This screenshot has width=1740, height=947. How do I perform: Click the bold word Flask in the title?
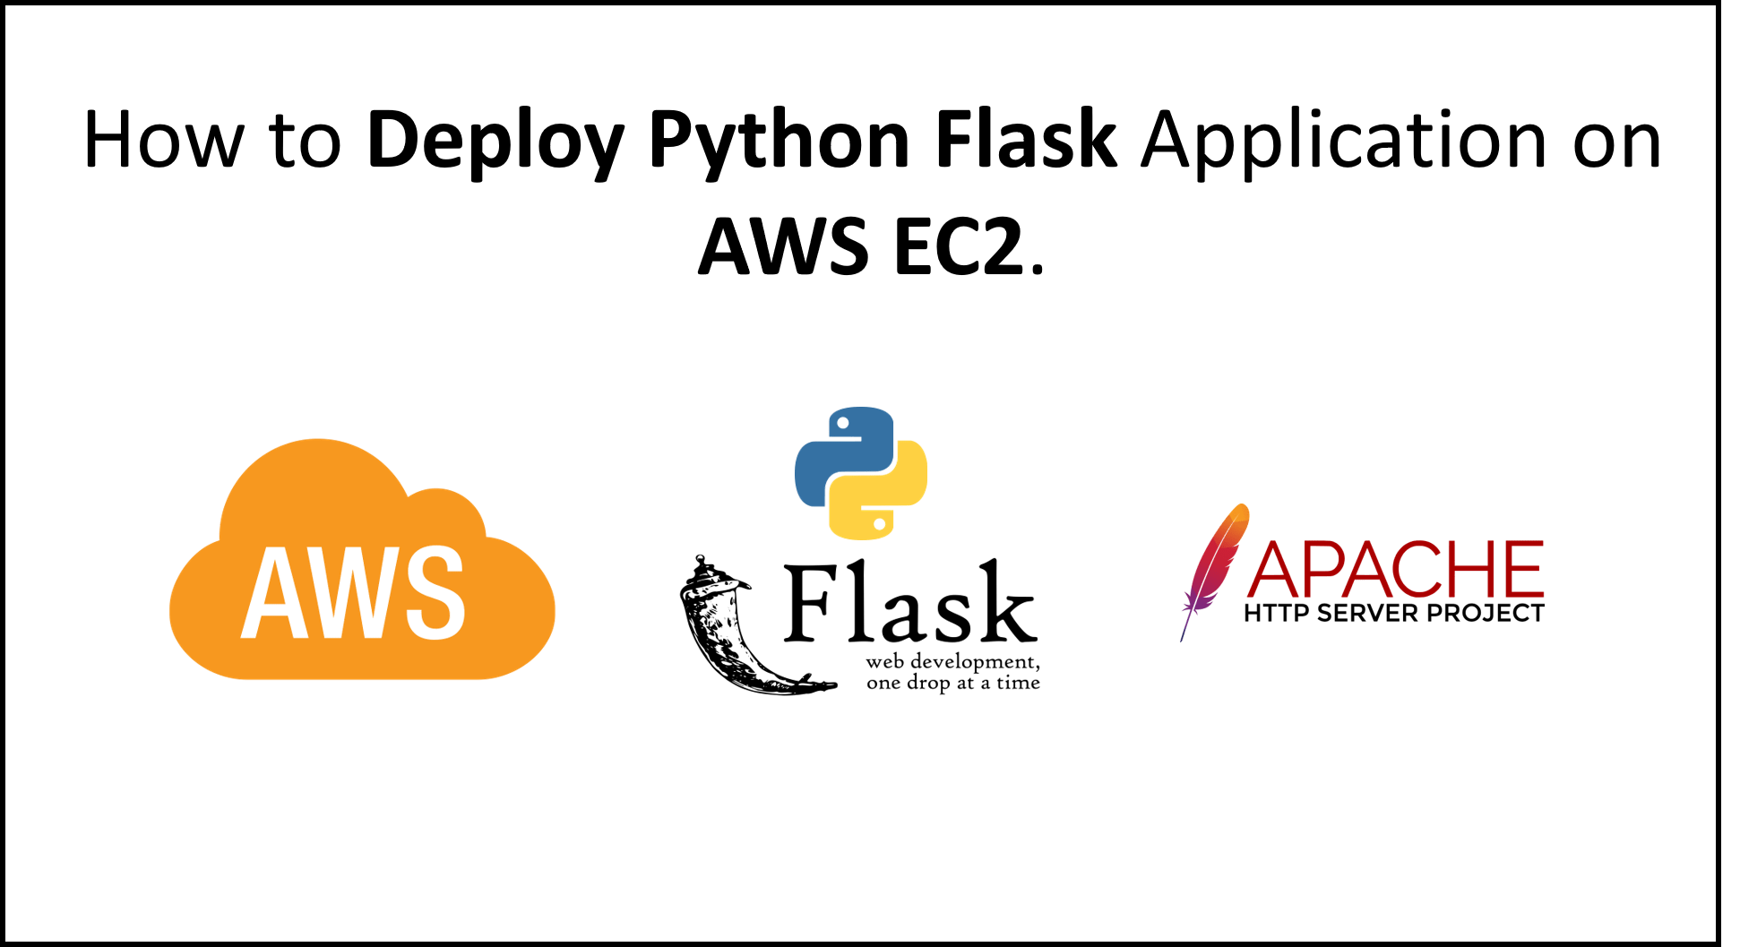pyautogui.click(x=1026, y=140)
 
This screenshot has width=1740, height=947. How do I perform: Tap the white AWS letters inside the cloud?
pyautogui.click(x=353, y=592)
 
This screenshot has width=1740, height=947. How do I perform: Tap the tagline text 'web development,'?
pyautogui.click(x=952, y=662)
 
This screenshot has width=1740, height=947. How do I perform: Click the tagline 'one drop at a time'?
pyautogui.click(x=952, y=683)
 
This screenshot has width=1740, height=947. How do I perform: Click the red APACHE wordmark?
pyautogui.click(x=1395, y=569)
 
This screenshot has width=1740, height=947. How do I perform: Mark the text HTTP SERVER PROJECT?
pyautogui.click(x=1393, y=614)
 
